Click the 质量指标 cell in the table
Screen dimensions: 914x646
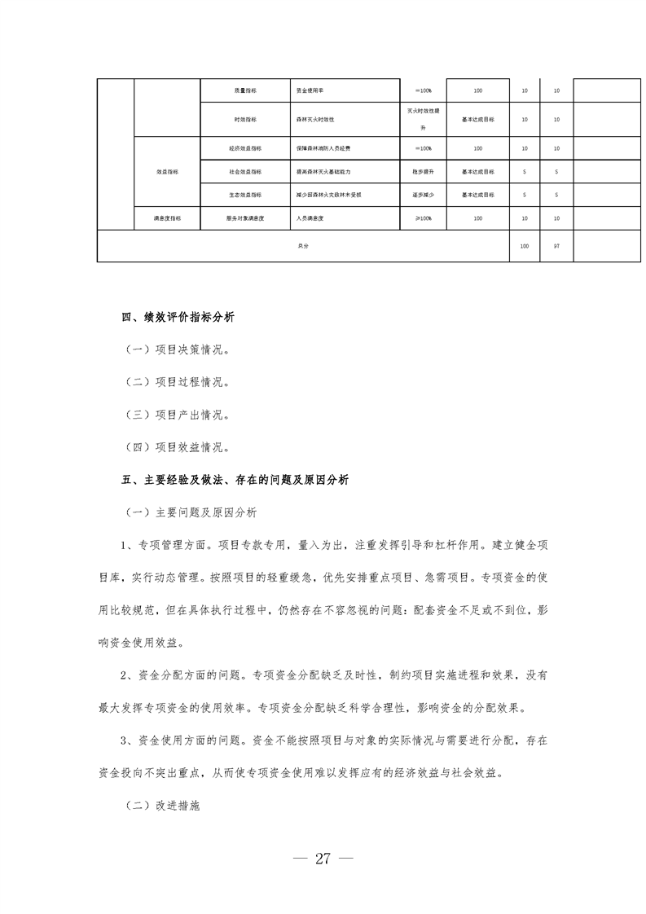pos(245,90)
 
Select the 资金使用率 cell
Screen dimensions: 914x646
pos(310,90)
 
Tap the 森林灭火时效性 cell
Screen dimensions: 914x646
pos(314,119)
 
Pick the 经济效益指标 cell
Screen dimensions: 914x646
pos(245,148)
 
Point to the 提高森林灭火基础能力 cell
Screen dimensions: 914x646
pos(324,172)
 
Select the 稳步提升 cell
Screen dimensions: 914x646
pos(424,172)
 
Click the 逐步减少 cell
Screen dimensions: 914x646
pos(424,195)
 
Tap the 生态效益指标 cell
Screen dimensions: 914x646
pos(245,195)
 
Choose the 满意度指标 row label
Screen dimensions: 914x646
pos(167,218)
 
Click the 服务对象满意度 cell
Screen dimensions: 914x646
pos(245,218)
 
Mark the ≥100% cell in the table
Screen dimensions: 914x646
pos(424,218)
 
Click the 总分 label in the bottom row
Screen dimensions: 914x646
pos(303,246)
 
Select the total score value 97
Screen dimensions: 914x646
pos(556,246)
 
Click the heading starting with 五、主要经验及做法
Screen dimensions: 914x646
pos(235,480)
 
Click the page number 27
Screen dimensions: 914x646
pos(323,859)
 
